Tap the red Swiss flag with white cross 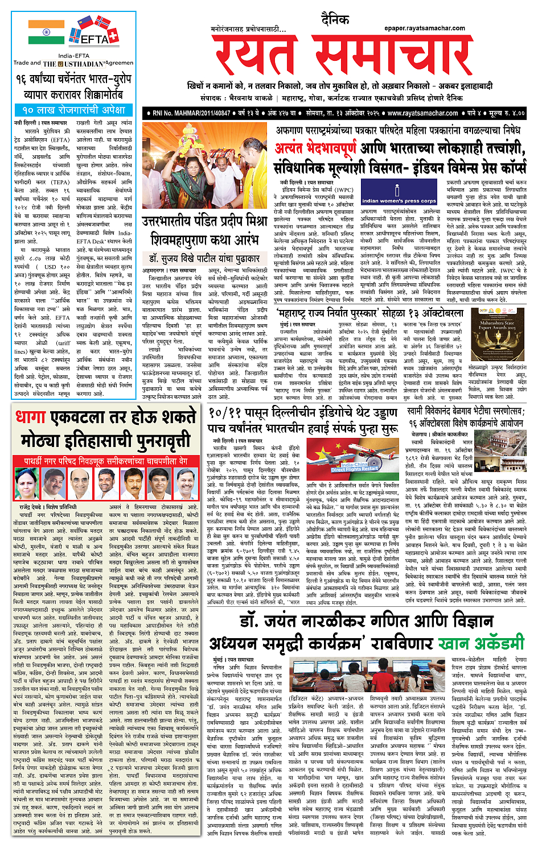coord(113,36)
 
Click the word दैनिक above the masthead coord(334,20)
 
